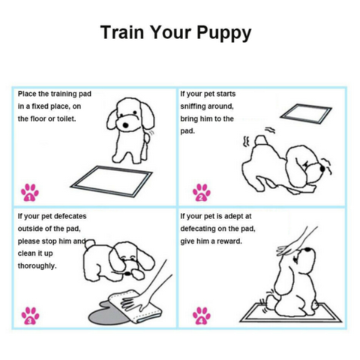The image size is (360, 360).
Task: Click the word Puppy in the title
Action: pos(223,34)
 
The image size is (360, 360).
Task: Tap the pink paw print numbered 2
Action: pos(200,193)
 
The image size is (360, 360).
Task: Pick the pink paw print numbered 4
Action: pos(200,314)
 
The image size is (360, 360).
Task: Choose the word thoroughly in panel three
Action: pos(37,265)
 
